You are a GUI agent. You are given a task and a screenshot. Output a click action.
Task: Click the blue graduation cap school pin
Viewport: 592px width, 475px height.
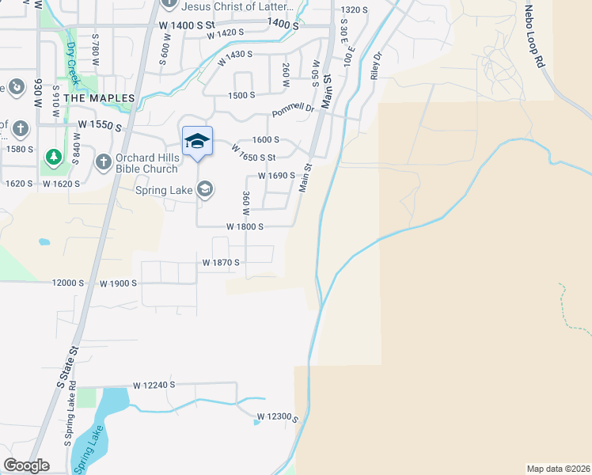[x=197, y=142]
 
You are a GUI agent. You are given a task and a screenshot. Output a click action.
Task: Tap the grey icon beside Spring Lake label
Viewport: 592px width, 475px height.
[x=205, y=189]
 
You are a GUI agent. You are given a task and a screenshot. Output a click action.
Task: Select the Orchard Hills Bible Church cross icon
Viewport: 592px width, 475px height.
[x=103, y=161]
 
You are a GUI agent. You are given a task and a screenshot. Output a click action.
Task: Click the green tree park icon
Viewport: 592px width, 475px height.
[x=53, y=156]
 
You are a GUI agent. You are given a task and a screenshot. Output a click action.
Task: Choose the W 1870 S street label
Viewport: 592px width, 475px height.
[x=221, y=262]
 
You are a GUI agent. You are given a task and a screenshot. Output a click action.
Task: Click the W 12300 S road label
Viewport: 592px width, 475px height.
[x=277, y=416]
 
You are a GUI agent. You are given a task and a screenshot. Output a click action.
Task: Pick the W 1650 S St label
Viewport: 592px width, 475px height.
[x=252, y=152]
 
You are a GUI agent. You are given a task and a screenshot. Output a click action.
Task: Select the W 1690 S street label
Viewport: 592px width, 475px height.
[x=276, y=176]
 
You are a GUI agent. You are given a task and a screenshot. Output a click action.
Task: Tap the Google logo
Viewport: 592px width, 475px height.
[x=26, y=465]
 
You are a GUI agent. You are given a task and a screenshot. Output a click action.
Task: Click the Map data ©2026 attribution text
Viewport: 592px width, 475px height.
[x=559, y=468]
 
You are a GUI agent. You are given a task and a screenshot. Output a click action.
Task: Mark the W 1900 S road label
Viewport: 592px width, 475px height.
[x=118, y=283]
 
